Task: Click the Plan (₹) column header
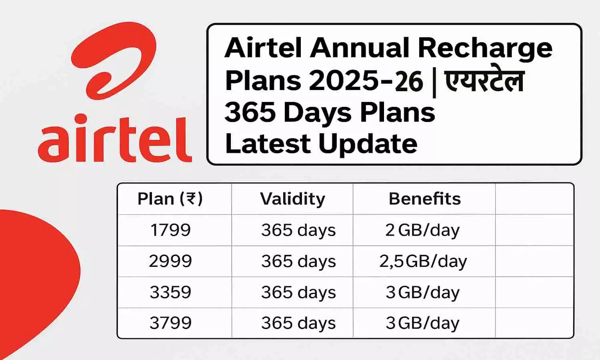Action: pos(170,199)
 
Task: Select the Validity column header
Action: pos(292,199)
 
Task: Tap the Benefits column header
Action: pos(424,199)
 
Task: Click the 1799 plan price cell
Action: pos(170,230)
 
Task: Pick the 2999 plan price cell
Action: pos(170,261)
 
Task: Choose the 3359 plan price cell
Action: pos(170,292)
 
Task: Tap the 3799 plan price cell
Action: pos(170,323)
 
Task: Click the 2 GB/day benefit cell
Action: pos(422,230)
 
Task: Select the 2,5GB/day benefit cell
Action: pos(423,261)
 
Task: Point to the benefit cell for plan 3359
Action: pos(422,292)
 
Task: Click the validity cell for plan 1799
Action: pos(298,230)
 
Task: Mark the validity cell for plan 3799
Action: pos(298,323)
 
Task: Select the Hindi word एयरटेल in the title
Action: pos(484,80)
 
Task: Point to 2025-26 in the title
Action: pos(366,81)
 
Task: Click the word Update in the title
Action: pos(368,144)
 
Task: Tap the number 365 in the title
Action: pos(250,112)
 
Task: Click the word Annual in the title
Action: pos(360,48)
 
